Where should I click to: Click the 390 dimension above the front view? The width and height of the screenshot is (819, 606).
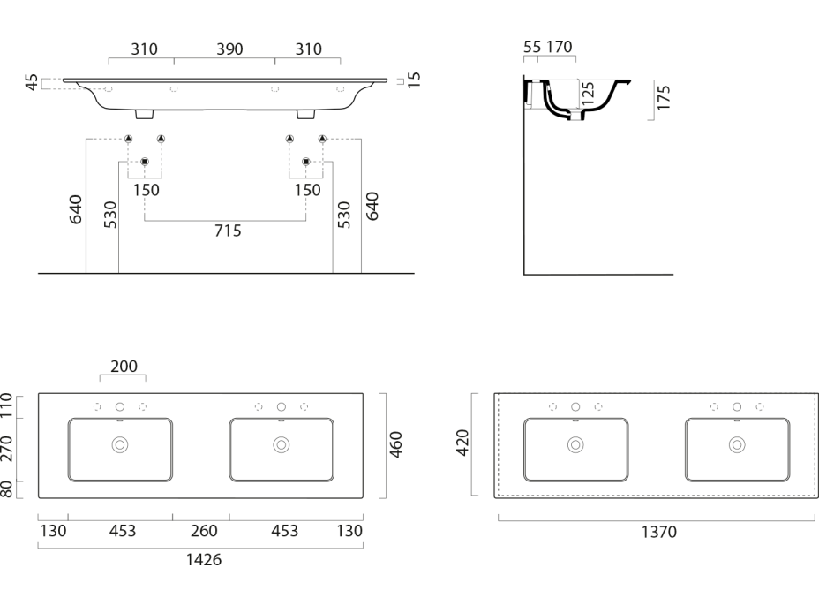(233, 49)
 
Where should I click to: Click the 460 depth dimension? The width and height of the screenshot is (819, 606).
(396, 445)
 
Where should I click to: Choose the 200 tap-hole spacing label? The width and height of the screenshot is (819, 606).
(124, 367)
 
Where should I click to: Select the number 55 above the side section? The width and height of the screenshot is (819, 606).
(532, 46)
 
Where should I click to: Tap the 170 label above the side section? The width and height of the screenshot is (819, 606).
(560, 46)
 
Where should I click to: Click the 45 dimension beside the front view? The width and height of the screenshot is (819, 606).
(32, 83)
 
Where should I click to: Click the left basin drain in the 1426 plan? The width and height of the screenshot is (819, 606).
(120, 444)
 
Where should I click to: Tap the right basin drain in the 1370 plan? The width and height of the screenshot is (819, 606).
(736, 444)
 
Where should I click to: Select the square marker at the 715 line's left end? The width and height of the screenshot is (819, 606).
(145, 162)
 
